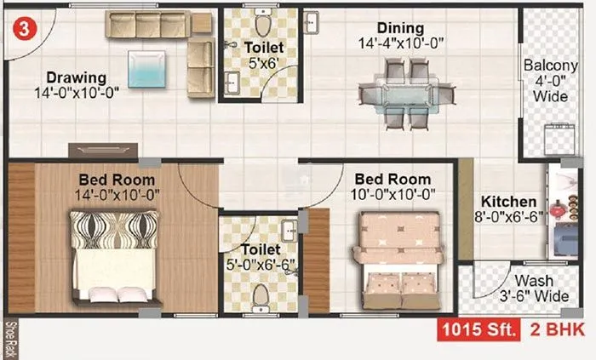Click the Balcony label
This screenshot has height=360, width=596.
550,66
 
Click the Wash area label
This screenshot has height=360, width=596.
537,281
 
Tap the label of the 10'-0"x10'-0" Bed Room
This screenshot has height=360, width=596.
393,180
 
